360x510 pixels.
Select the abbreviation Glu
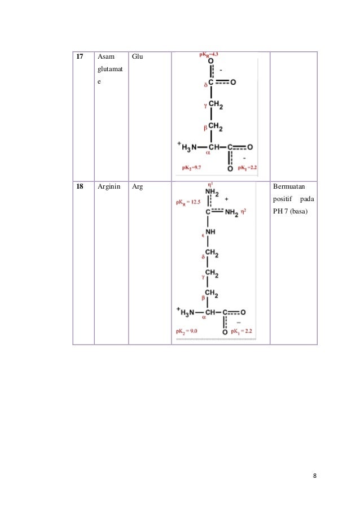[x=137, y=57]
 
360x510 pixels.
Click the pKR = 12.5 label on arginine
[x=189, y=201]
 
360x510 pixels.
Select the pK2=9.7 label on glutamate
[x=192, y=168]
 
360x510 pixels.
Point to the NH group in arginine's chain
[x=210, y=232]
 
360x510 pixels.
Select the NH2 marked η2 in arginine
[x=232, y=213]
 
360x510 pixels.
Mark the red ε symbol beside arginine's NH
[x=201, y=233]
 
